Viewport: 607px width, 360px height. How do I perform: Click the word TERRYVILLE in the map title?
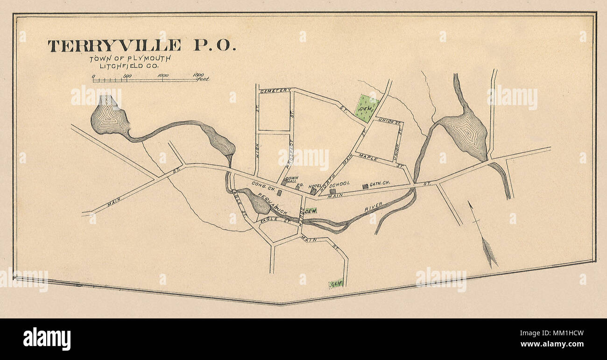point(114,46)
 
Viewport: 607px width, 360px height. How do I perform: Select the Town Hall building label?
point(291,180)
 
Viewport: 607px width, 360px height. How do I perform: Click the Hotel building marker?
point(313,191)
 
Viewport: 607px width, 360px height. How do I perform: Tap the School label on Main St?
point(339,184)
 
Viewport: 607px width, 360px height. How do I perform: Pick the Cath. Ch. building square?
point(365,186)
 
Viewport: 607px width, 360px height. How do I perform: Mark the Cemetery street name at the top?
point(275,90)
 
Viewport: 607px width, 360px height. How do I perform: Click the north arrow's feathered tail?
point(489,252)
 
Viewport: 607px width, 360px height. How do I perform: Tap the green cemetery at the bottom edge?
point(336,283)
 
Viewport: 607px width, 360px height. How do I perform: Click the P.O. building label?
point(300,184)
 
